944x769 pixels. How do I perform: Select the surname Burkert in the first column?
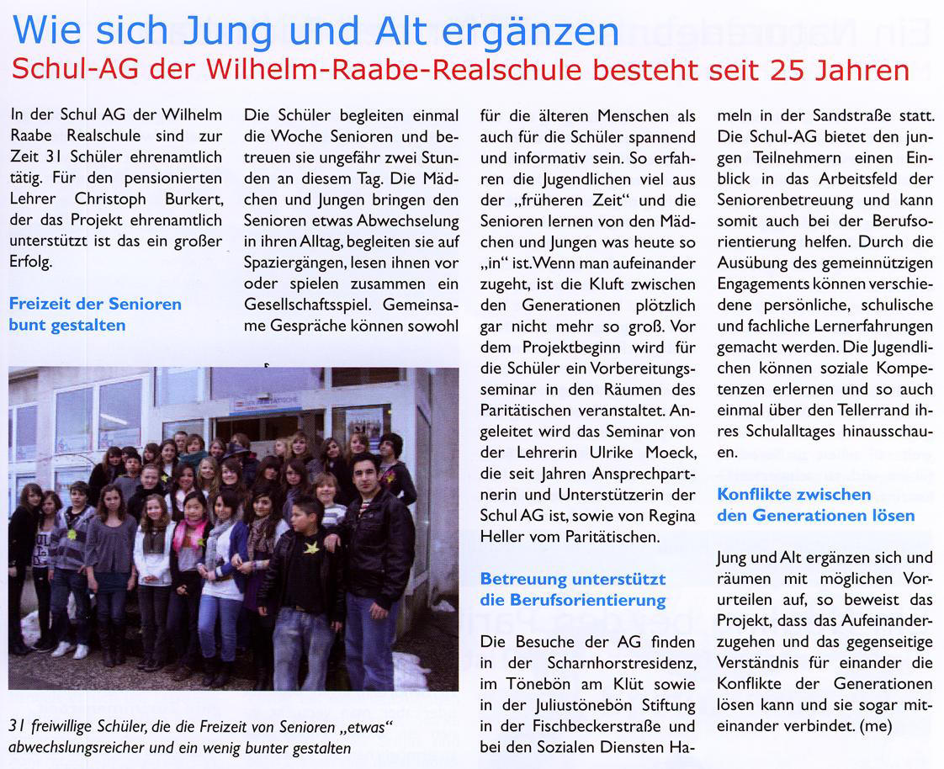[192, 199]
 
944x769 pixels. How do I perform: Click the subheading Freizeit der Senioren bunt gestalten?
[95, 314]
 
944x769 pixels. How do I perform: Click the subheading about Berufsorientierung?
[572, 589]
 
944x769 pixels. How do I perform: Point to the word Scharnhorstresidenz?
[615, 661]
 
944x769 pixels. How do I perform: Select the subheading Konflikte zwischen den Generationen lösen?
[815, 504]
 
